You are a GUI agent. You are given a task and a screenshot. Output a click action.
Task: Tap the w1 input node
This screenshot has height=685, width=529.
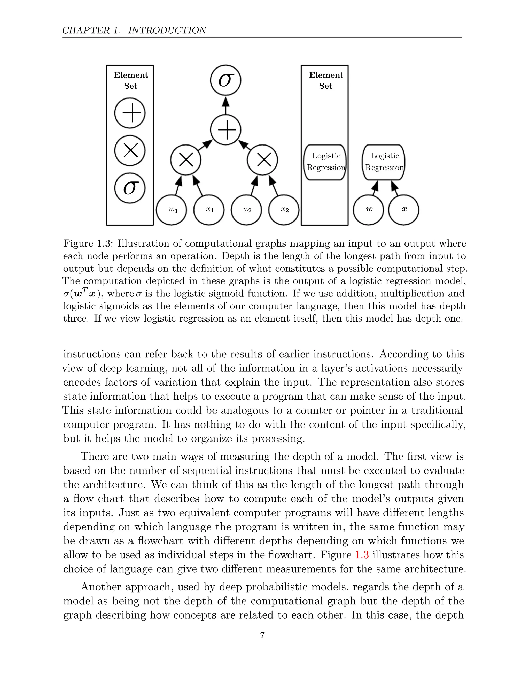point(172,210)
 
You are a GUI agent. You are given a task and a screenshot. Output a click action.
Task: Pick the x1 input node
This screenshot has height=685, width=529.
point(209,210)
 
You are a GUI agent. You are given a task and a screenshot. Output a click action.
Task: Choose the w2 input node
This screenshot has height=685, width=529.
point(246,210)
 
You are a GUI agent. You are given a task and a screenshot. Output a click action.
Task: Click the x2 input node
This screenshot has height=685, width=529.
point(284,210)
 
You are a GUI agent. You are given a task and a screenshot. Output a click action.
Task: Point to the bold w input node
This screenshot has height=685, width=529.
point(369,210)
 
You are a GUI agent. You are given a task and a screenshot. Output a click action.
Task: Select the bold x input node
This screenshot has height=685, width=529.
point(404,210)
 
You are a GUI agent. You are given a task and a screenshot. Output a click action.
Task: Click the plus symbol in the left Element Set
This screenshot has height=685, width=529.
point(130,113)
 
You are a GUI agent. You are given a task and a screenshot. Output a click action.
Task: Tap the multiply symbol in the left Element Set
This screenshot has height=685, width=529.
point(130,150)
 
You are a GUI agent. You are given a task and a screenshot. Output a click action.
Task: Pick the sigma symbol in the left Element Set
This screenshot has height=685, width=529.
point(130,188)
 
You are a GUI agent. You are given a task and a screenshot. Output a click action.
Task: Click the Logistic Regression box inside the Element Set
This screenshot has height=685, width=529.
point(325,162)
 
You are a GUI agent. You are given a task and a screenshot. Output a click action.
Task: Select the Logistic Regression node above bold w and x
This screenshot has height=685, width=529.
point(384,162)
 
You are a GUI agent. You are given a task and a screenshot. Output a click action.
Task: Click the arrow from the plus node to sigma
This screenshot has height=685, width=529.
point(226,105)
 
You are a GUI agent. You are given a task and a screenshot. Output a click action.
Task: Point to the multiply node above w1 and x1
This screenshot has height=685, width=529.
point(186,160)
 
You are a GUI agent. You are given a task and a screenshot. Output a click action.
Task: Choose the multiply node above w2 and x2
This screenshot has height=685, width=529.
point(262,160)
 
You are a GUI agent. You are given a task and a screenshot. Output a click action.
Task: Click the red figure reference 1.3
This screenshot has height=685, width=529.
point(362,555)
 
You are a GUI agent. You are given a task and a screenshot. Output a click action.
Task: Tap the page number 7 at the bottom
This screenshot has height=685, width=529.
point(262,635)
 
